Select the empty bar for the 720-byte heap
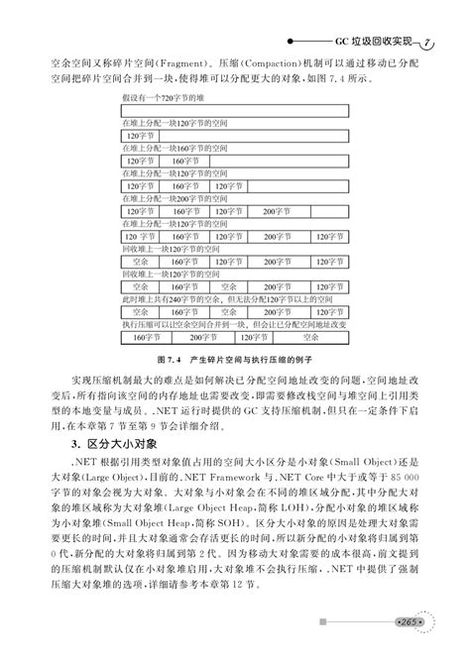coord(238,111)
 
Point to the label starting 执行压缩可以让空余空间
coord(238,323)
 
